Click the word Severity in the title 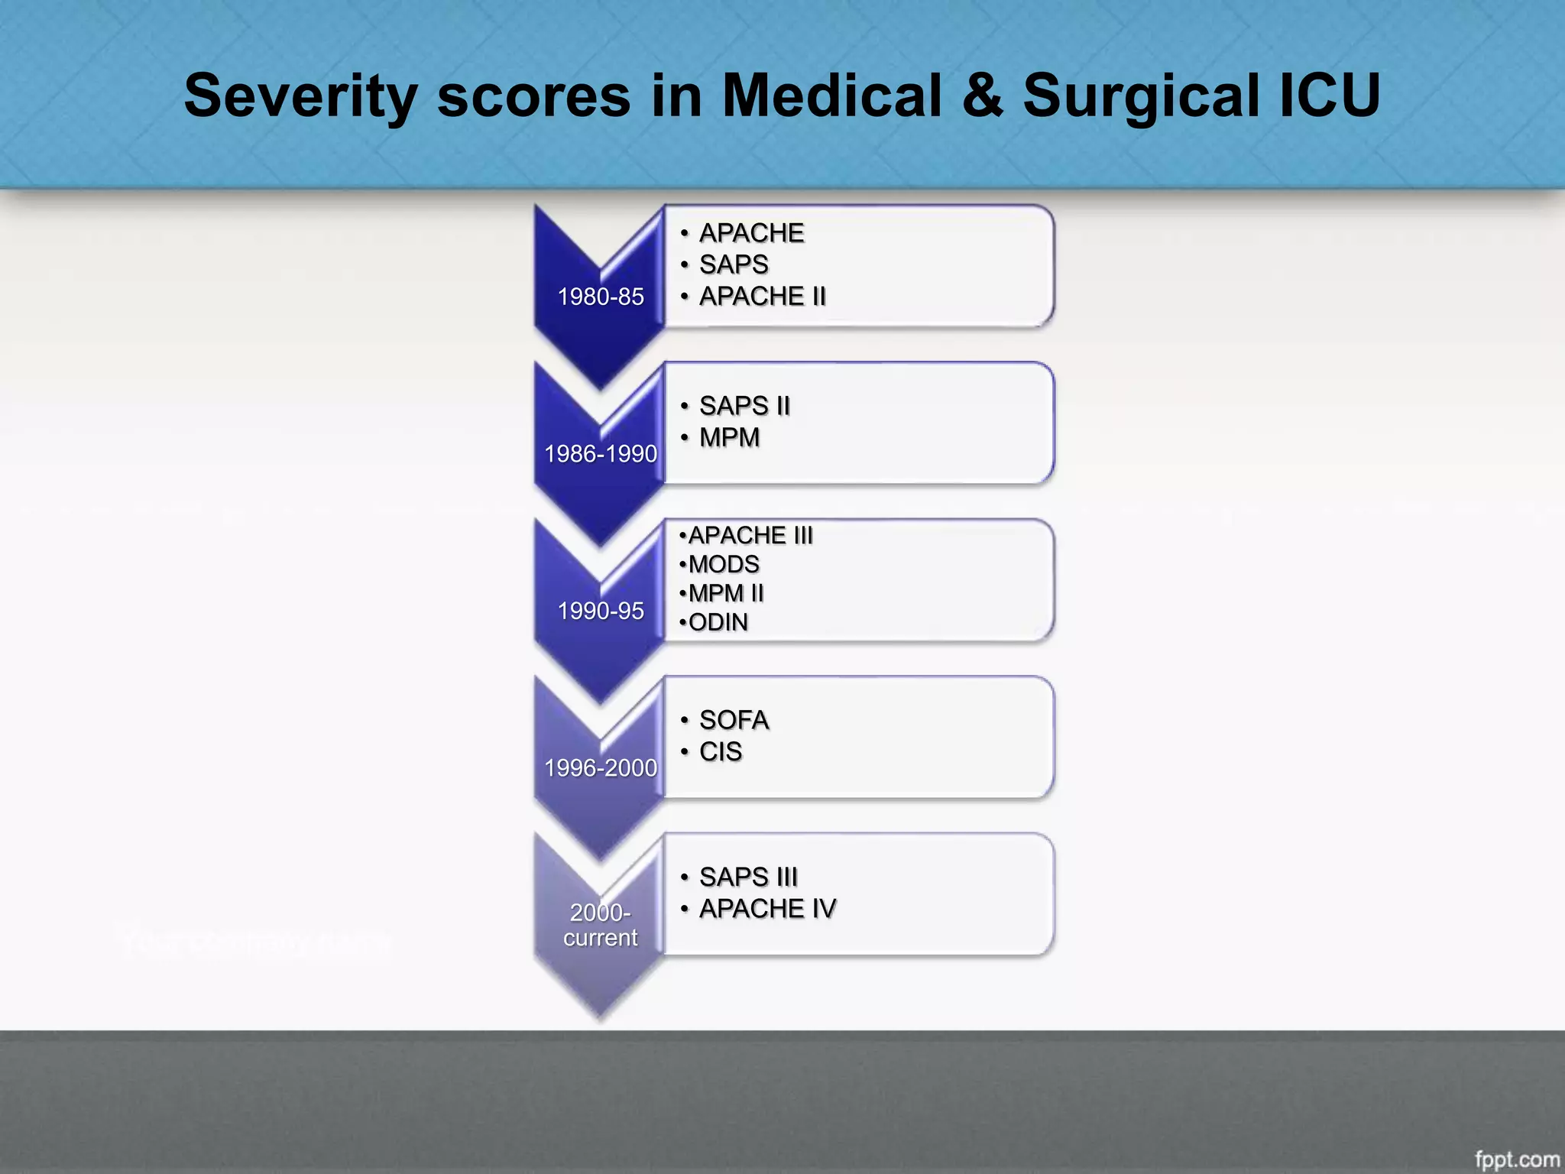pos(300,96)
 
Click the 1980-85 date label pos(601,297)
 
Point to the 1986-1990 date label pos(601,454)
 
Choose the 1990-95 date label pos(601,611)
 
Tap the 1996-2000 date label pos(601,767)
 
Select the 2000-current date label pos(601,925)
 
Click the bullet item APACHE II pos(762,296)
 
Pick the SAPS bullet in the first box pos(733,264)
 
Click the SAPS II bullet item pos(744,406)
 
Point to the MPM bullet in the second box pos(729,437)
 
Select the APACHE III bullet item pos(750,535)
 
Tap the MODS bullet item pos(723,564)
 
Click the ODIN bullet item pos(718,622)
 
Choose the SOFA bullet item pos(733,720)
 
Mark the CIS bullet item pos(720,751)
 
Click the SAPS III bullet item pos(747,877)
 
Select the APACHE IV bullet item pos(766,908)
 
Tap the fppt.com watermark pos(1516,1159)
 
